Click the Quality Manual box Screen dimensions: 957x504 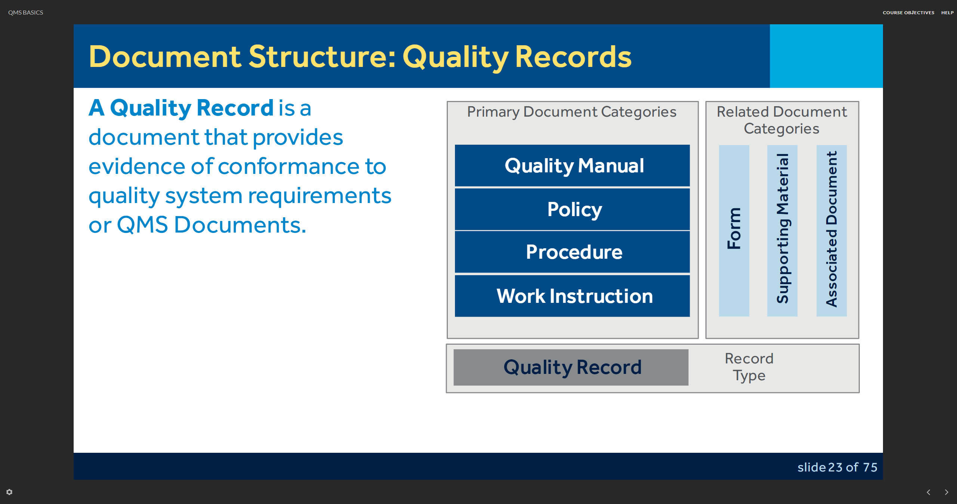click(572, 165)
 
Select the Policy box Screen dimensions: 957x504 click(572, 209)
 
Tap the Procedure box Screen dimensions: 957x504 click(572, 252)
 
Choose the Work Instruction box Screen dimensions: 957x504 click(572, 296)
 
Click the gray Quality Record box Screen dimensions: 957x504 click(571, 367)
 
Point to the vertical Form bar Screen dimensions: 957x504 click(734, 231)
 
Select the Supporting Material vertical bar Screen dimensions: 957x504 click(782, 231)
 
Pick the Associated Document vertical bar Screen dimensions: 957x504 click(831, 231)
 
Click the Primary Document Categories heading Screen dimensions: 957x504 click(572, 112)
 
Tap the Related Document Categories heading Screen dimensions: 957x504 click(782, 120)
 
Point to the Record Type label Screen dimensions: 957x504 click(749, 367)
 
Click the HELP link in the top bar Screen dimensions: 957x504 click(947, 13)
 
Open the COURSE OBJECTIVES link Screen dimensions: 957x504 click(908, 13)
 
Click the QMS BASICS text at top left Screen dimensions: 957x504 click(26, 13)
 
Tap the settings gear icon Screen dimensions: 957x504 click(9, 492)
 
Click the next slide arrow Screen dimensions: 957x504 click(947, 492)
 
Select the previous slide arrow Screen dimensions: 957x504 click(929, 492)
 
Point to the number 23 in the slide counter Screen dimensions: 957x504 click(835, 467)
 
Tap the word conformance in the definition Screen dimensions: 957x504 click(288, 166)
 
